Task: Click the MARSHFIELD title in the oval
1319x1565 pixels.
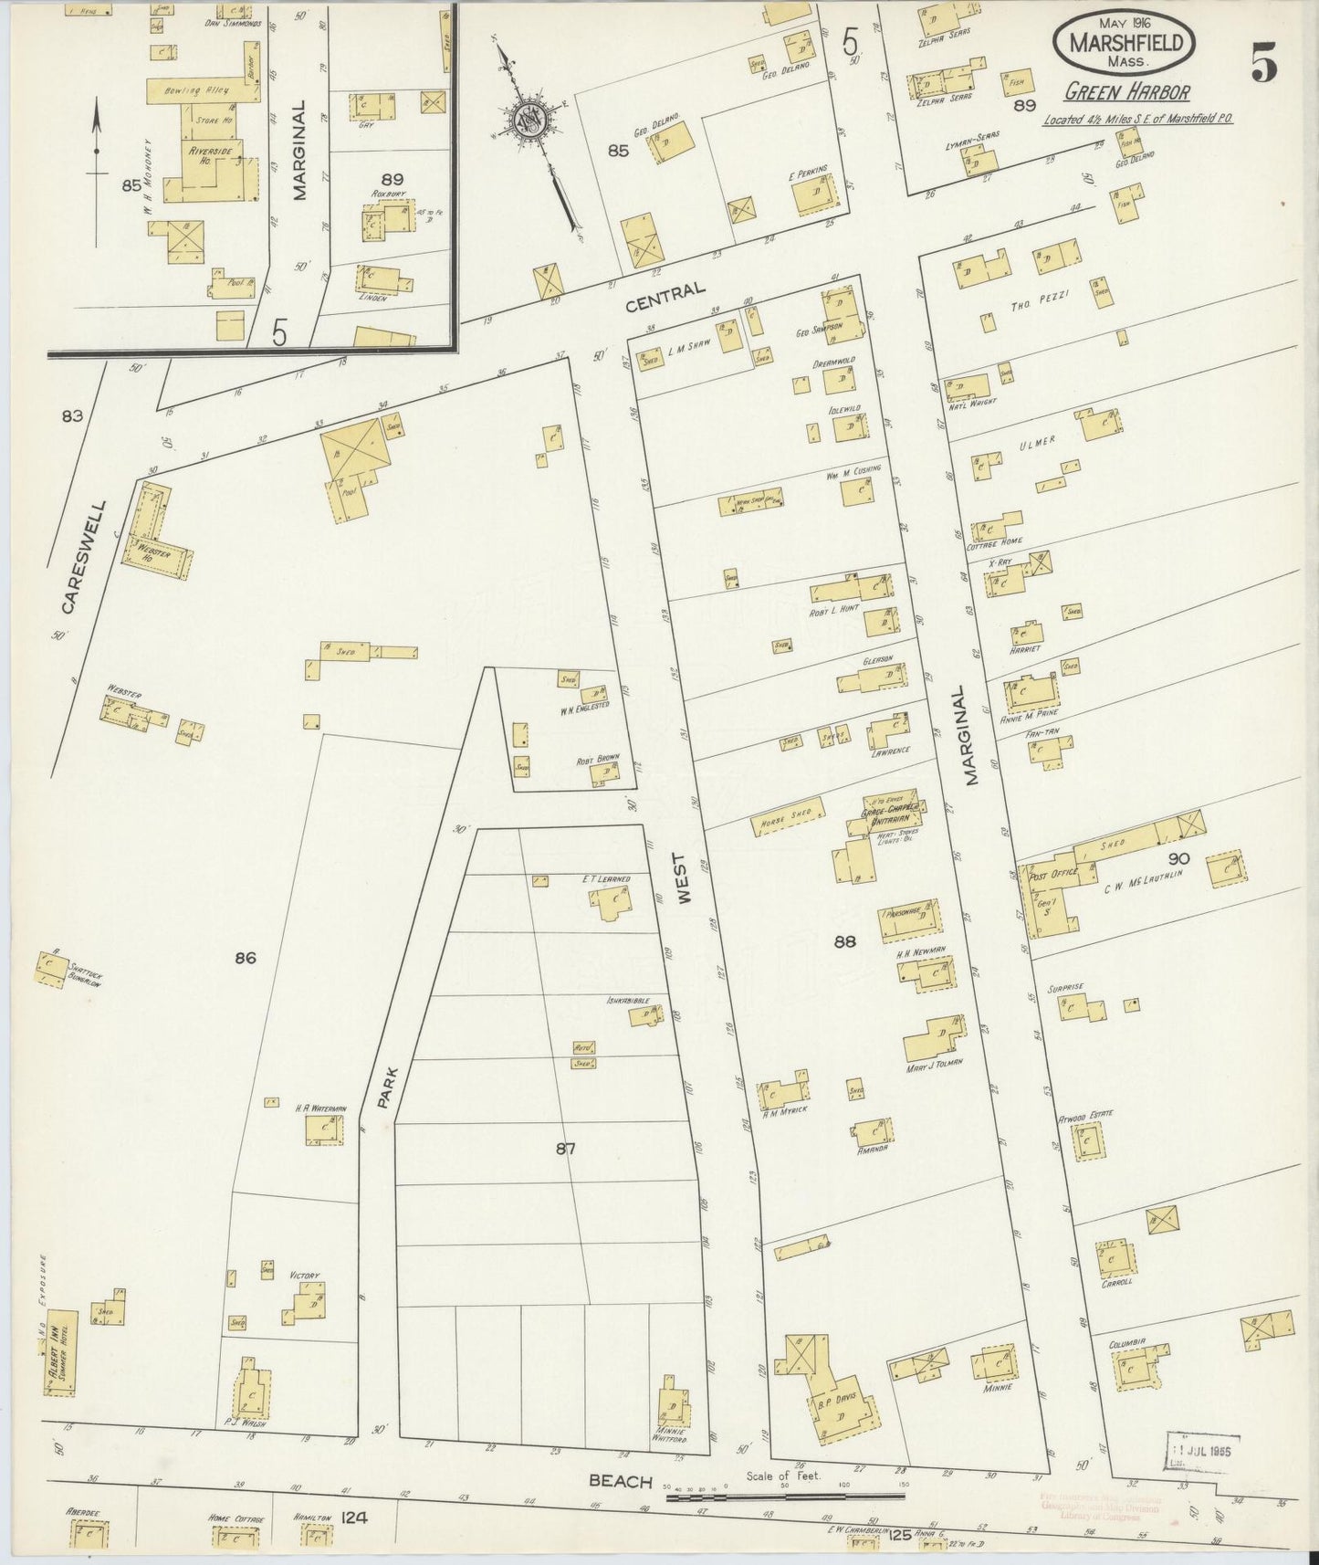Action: click(1123, 43)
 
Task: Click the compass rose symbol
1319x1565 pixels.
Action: click(529, 121)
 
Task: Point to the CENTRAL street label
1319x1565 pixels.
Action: click(665, 298)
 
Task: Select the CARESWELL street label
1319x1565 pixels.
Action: click(82, 556)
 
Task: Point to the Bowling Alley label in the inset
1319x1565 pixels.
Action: click(187, 91)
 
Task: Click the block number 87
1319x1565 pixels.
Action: click(566, 1150)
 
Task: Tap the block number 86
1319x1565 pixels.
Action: click(244, 958)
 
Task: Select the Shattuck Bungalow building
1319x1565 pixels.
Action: click(51, 969)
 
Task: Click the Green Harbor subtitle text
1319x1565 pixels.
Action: click(1126, 93)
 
